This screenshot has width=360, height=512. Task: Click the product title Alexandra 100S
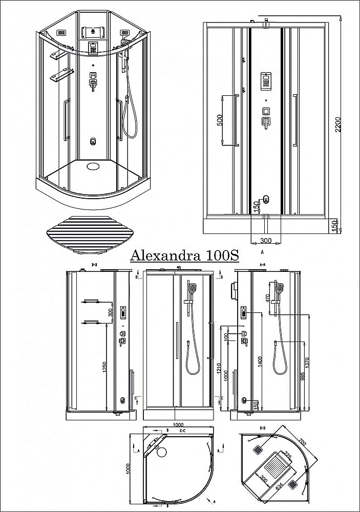click(x=183, y=254)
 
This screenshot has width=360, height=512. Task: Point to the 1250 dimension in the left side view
click(x=105, y=367)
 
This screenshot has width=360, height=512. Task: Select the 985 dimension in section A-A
click(x=302, y=378)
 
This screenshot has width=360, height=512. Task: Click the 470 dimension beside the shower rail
click(x=267, y=299)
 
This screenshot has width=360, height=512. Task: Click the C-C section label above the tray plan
click(x=182, y=431)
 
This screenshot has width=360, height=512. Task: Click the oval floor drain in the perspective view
click(x=94, y=165)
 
